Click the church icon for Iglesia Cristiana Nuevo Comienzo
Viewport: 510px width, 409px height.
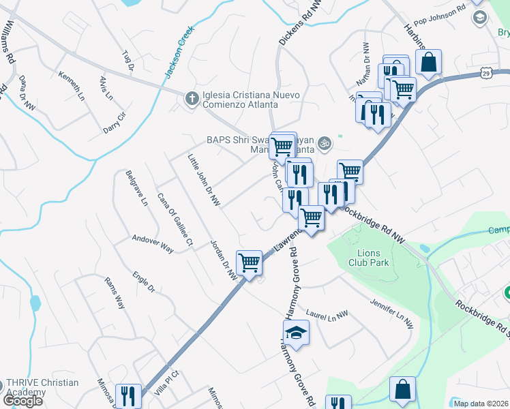tap(192, 100)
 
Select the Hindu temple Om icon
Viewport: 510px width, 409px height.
tap(325, 142)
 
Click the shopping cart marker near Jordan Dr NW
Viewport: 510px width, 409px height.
tap(249, 262)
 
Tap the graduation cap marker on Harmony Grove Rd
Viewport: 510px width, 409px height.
tap(297, 333)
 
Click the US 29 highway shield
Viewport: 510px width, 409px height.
tap(485, 72)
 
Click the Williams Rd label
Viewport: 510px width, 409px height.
tap(9, 42)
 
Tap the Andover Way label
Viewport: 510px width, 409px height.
tap(153, 245)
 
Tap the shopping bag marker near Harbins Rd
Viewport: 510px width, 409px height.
tap(429, 63)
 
